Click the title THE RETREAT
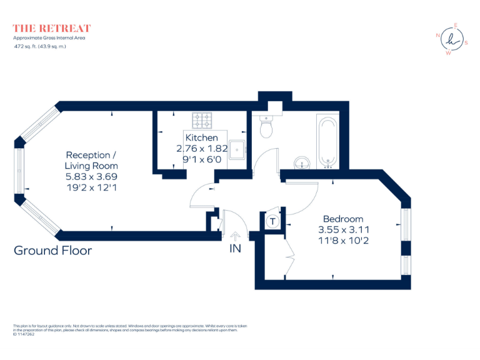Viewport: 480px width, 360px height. tap(52, 28)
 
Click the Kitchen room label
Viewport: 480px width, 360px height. tap(202, 137)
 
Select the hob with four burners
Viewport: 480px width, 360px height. tap(202, 119)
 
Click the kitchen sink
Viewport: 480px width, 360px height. tap(237, 149)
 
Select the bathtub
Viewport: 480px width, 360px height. tap(327, 142)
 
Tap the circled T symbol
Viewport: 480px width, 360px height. tap(272, 221)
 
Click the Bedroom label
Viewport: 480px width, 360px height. tap(342, 219)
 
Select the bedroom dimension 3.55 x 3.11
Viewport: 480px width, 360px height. tap(342, 229)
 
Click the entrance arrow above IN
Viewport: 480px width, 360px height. tap(235, 236)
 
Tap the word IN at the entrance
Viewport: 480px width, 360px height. tap(235, 249)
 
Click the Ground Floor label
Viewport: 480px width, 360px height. tap(52, 251)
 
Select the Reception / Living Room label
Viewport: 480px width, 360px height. tap(91, 161)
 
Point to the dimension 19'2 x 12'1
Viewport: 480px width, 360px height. tap(91, 187)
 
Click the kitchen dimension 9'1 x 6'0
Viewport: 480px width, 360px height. tap(202, 159)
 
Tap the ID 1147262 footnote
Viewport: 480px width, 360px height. tap(24, 334)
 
